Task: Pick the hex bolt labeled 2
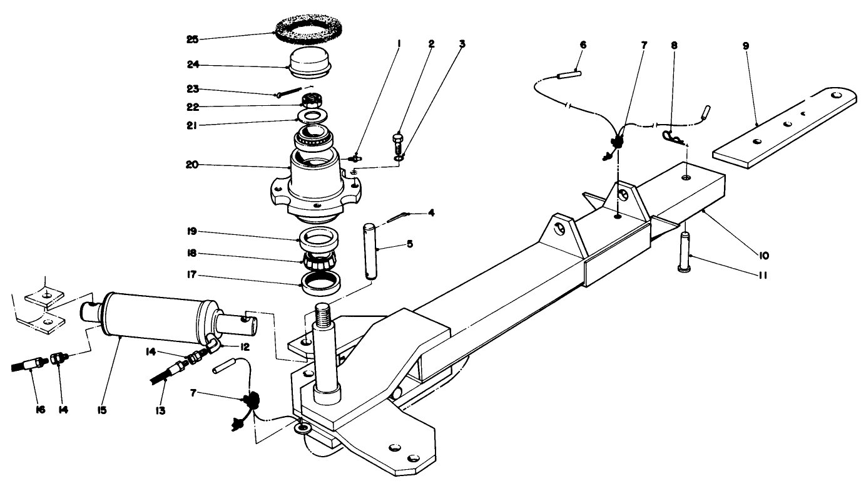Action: click(x=399, y=143)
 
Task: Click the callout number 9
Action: click(x=746, y=46)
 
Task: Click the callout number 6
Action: click(x=583, y=45)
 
